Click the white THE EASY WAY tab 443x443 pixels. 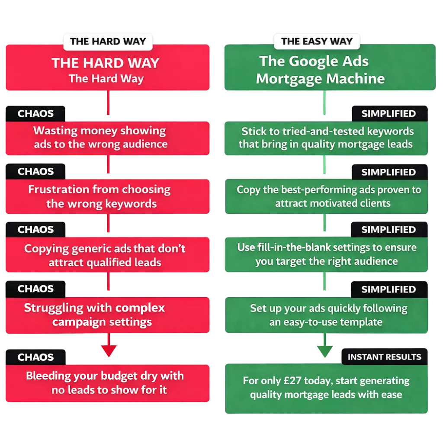tap(317, 42)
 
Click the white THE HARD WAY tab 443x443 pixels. tap(108, 42)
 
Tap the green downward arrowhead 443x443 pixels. tap(324, 350)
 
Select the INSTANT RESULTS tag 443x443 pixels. tap(384, 357)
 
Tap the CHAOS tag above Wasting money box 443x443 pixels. tap(35, 114)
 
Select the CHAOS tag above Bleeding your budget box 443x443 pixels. tap(35, 357)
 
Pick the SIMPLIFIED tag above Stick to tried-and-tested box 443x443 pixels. tap(388, 114)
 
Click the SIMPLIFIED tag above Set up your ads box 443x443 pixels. tap(388, 289)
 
